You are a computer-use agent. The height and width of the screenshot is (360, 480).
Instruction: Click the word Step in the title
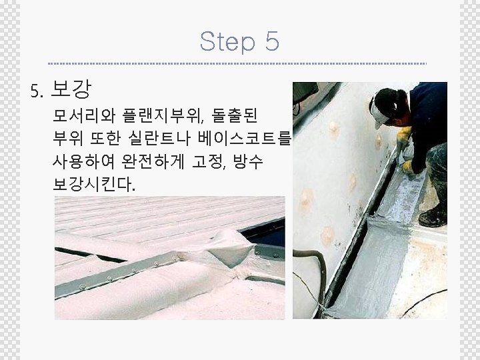tap(227, 41)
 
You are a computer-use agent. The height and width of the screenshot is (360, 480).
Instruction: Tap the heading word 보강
tap(71, 89)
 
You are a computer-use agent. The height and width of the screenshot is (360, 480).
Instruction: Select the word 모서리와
tap(84, 115)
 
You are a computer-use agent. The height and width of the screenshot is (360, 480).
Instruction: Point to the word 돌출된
tap(234, 115)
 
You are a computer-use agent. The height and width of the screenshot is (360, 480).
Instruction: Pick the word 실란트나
tap(159, 139)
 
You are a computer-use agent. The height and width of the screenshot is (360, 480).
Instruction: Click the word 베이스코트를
tap(244, 139)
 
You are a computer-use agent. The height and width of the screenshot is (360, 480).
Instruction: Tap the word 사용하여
tap(83, 161)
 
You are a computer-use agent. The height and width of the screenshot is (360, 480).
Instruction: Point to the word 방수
tap(248, 161)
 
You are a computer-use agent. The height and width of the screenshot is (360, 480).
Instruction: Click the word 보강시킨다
tap(94, 185)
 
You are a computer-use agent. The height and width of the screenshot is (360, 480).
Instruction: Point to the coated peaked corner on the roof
tap(232, 247)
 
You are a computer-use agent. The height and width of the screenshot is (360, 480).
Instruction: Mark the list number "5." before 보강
tap(37, 91)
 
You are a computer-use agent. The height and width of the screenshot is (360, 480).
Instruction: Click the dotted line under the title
tap(237, 64)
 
